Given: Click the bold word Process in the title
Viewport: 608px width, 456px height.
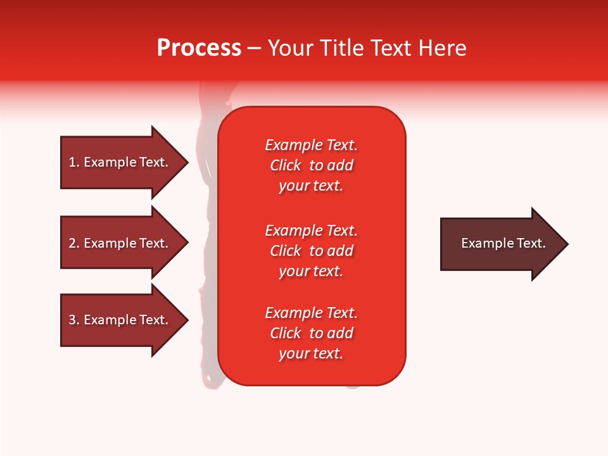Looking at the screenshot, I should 199,48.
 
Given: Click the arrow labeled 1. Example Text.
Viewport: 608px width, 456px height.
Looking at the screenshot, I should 118,162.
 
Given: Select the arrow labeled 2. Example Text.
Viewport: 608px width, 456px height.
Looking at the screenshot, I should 118,243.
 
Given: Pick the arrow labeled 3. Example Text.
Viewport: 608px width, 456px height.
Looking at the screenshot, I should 118,320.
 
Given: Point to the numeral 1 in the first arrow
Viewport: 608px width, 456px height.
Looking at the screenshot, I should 72,162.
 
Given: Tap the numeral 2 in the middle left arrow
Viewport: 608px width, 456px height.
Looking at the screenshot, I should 73,243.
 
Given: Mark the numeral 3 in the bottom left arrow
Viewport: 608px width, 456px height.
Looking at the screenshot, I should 73,320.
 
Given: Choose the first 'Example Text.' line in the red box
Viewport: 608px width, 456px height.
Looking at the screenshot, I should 311,145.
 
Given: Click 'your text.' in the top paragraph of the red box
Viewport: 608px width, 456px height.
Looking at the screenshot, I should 311,186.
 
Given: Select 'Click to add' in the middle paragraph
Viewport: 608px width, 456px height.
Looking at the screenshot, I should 311,251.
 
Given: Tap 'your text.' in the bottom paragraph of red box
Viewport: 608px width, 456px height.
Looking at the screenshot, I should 311,353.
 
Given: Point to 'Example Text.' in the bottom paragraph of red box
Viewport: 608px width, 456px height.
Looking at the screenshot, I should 311,313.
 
